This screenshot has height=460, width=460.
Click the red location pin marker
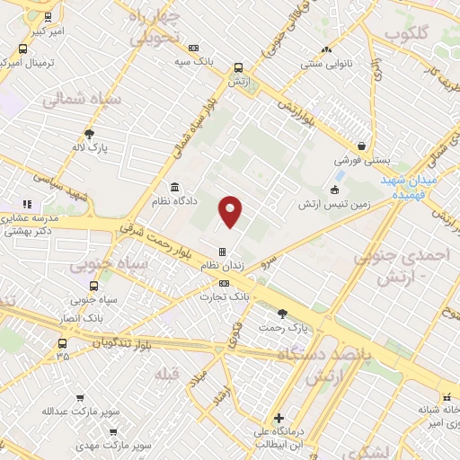coord(231,211)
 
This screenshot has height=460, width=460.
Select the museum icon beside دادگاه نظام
coord(173,188)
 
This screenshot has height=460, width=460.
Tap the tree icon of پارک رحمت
coord(282,314)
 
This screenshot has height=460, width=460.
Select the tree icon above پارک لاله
coord(89,134)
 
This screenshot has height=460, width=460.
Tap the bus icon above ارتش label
coord(238,67)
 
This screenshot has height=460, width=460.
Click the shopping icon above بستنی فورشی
coord(361,146)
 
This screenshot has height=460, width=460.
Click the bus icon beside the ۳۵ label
coord(61,343)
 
